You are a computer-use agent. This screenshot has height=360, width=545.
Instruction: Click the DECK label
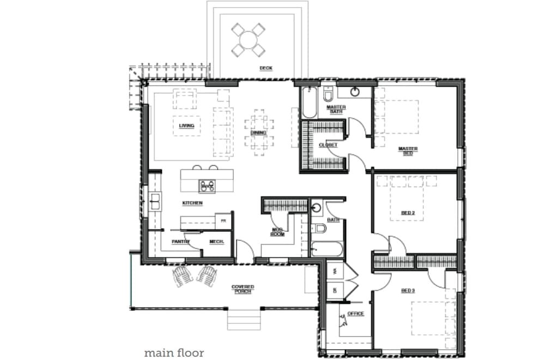[x=265, y=68]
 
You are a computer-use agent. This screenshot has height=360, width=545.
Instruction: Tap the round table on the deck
[x=249, y=40]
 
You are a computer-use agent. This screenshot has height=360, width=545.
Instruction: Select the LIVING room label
[x=186, y=125]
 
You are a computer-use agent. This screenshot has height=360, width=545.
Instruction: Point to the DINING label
[x=258, y=133]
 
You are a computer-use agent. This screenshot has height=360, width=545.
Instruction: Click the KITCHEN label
[x=192, y=203]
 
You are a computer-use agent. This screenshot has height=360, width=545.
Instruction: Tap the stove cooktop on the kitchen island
[x=208, y=186]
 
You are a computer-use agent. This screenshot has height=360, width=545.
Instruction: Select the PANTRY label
[x=180, y=241]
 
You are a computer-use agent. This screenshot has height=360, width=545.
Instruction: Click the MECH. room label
[x=217, y=241]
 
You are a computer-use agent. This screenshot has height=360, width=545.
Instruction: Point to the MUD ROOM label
[x=278, y=232]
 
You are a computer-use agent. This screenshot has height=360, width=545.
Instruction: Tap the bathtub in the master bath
[x=309, y=103]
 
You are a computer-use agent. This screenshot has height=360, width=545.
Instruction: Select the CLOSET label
[x=328, y=145]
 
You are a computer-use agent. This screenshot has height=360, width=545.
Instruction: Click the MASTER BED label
[x=408, y=151]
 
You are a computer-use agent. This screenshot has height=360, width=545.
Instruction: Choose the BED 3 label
[x=408, y=291]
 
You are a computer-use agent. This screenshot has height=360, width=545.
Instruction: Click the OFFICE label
[x=355, y=314]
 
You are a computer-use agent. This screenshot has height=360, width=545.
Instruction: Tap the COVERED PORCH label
[x=243, y=289]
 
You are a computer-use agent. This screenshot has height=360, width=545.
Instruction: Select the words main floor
[x=174, y=353]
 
